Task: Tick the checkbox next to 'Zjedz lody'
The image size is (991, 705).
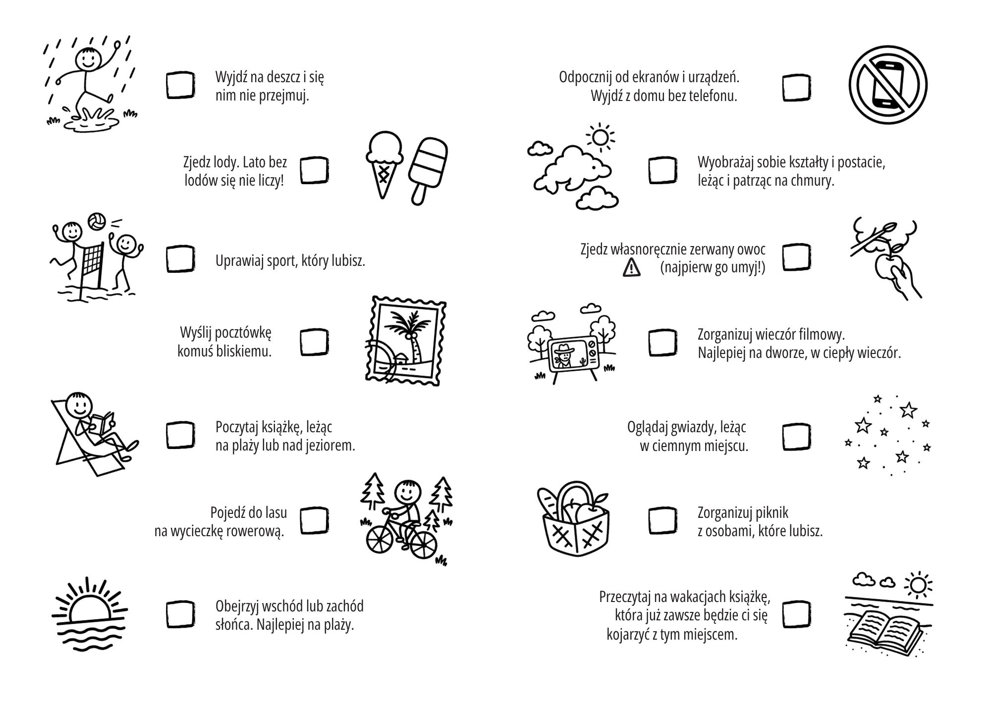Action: coord(315,170)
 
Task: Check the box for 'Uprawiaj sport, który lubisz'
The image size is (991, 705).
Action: coord(180,259)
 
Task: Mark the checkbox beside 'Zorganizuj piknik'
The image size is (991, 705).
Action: coord(662,520)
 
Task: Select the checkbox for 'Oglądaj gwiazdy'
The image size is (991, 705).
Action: coord(797,437)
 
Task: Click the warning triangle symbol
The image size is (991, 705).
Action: coord(632,268)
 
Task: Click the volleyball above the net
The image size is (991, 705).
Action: coord(96,221)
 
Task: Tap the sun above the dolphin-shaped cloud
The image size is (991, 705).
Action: coord(600,137)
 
